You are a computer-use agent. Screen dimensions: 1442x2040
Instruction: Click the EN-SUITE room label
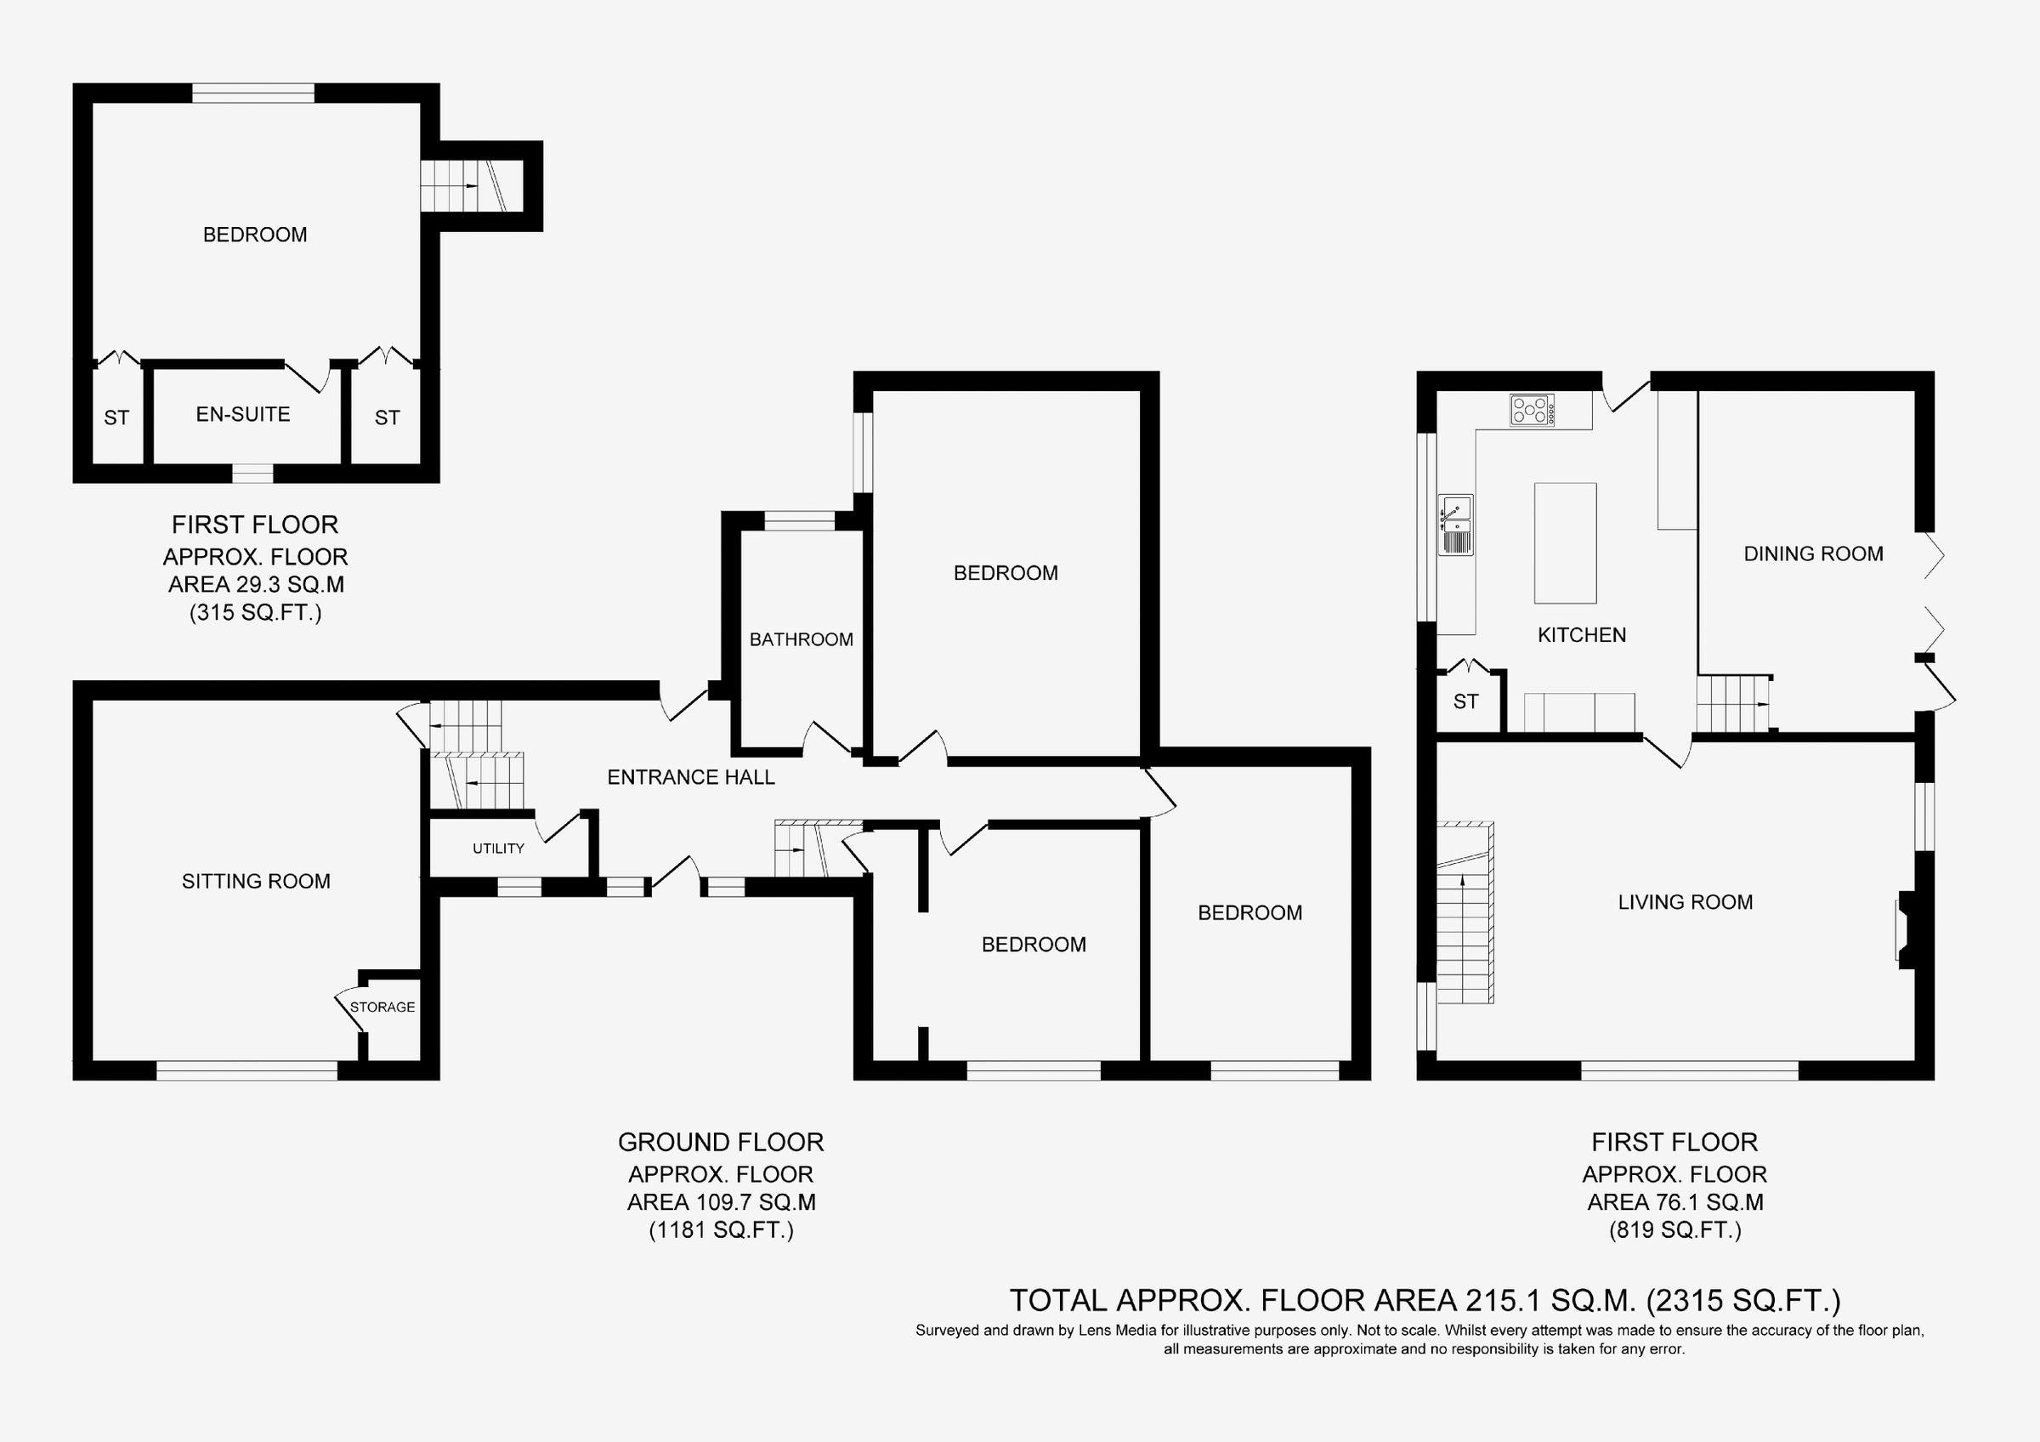pyautogui.click(x=242, y=414)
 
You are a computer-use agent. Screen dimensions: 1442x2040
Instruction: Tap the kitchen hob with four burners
pyautogui.click(x=1532, y=411)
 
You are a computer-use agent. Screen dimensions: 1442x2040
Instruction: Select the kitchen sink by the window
pyautogui.click(x=1455, y=525)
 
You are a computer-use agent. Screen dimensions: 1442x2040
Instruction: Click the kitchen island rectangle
pyautogui.click(x=1566, y=542)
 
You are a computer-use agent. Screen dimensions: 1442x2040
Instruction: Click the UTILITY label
pyautogui.click(x=497, y=849)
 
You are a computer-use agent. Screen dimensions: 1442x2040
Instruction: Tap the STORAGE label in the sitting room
pyautogui.click(x=382, y=1007)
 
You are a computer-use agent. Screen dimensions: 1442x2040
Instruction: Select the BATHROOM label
pyautogui.click(x=801, y=639)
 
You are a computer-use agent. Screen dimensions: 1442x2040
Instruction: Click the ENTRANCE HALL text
pyautogui.click(x=690, y=777)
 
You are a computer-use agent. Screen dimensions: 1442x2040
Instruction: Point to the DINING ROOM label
pyautogui.click(x=1812, y=554)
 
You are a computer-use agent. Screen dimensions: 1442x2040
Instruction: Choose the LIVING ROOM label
pyautogui.click(x=1685, y=903)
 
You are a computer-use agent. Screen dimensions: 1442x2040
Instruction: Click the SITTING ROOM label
pyautogui.click(x=256, y=882)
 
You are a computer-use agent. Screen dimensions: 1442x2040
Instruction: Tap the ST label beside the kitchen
pyautogui.click(x=1465, y=702)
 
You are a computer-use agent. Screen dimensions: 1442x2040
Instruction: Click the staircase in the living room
pyautogui.click(x=1465, y=915)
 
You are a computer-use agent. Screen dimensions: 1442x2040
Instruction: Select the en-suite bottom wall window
pyautogui.click(x=252, y=474)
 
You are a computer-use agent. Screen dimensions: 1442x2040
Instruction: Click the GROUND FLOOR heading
pyautogui.click(x=721, y=1142)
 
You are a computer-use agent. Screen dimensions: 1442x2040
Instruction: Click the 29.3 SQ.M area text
pyautogui.click(x=257, y=585)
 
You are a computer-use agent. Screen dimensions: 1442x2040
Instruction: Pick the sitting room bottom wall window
pyautogui.click(x=247, y=1071)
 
